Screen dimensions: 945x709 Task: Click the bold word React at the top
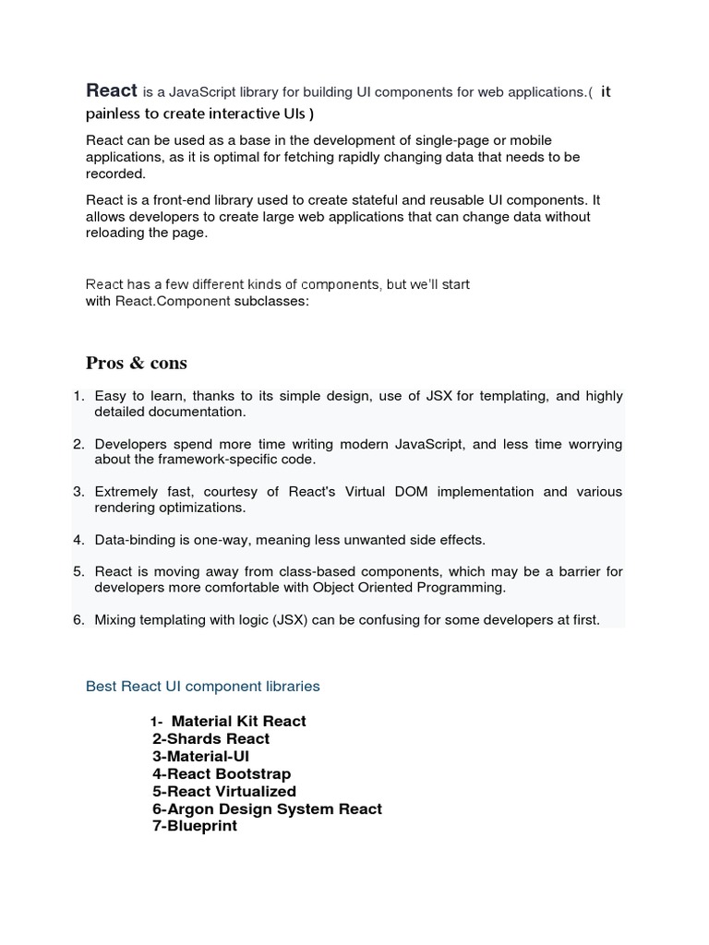[x=112, y=90]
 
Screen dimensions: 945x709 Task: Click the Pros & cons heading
[x=137, y=362]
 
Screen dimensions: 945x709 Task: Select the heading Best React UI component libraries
[x=203, y=687]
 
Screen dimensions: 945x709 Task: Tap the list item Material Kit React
[x=238, y=721]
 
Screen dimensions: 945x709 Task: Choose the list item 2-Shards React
[x=211, y=738]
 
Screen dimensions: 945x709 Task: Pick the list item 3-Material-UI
[x=201, y=756]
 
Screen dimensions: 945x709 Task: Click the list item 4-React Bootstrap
[x=222, y=773]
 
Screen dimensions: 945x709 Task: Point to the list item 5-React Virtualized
[x=224, y=791]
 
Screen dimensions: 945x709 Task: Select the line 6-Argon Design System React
[x=267, y=808]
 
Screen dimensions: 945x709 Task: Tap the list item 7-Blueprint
[x=195, y=826]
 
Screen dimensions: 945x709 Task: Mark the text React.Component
[x=173, y=301]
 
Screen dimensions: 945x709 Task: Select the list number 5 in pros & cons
[x=78, y=572]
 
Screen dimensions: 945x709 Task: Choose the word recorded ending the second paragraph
[x=115, y=173]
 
